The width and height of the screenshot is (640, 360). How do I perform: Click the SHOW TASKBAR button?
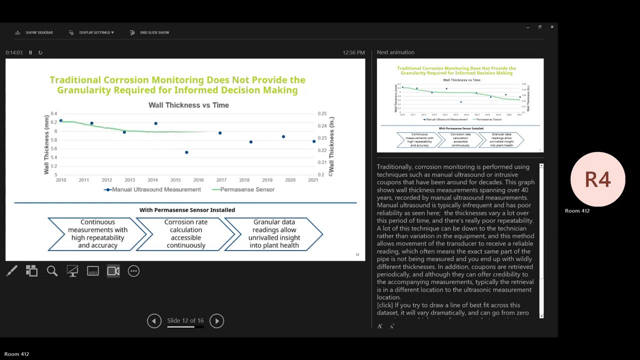pyautogui.click(x=34, y=32)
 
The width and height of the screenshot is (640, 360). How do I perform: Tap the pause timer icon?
pyautogui.click(x=30, y=52)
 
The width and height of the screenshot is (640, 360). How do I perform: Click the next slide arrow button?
pyautogui.click(x=216, y=321)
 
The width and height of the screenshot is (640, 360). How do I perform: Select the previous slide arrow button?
pyautogui.click(x=154, y=321)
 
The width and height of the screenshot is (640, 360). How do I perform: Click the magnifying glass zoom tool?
pyautogui.click(x=52, y=271)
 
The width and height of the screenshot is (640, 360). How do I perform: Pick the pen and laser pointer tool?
pyautogui.click(x=12, y=271)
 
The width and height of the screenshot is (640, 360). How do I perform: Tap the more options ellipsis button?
pyautogui.click(x=133, y=271)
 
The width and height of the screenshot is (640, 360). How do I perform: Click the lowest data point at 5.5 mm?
pyautogui.click(x=186, y=152)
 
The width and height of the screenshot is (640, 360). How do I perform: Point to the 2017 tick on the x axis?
pyautogui.click(x=221, y=180)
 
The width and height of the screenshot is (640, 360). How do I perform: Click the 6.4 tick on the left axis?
pyautogui.click(x=54, y=114)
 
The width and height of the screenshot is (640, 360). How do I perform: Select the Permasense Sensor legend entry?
pyautogui.click(x=243, y=189)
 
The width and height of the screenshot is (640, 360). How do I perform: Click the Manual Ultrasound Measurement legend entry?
pyautogui.click(x=152, y=189)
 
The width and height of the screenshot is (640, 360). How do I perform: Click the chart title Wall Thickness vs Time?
pyautogui.click(x=188, y=105)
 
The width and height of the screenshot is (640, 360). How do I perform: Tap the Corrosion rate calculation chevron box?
pyautogui.click(x=185, y=233)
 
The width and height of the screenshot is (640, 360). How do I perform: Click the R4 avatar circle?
pyautogui.click(x=597, y=179)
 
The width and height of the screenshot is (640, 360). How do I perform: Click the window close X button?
pyautogui.click(x=552, y=27)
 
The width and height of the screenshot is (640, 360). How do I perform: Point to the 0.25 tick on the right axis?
pyautogui.click(x=322, y=114)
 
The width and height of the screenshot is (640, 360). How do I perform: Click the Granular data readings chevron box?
pyautogui.click(x=273, y=233)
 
